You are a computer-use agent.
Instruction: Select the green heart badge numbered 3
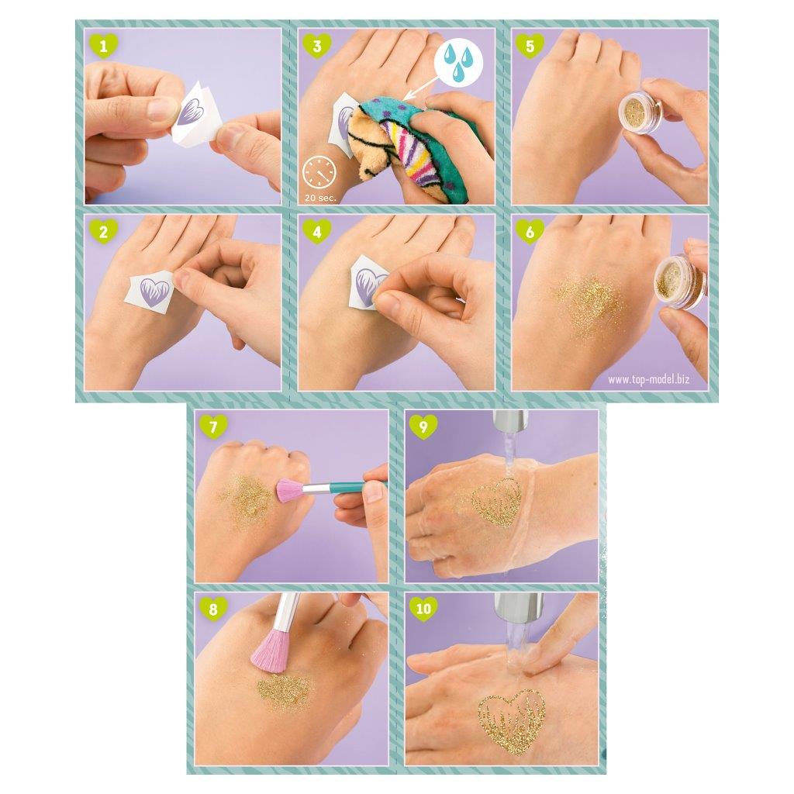(316, 47)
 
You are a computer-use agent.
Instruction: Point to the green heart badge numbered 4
(316, 230)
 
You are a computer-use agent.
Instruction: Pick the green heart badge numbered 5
(530, 47)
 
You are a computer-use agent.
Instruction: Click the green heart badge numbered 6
(530, 230)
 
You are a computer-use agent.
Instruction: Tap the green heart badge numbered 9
(423, 426)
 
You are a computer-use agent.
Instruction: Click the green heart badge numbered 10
(423, 609)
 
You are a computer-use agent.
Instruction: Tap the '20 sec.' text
(320, 197)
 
